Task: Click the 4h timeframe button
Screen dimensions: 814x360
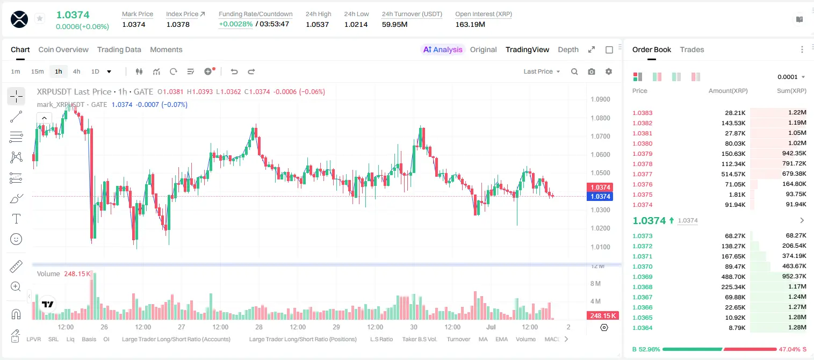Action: pyautogui.click(x=76, y=71)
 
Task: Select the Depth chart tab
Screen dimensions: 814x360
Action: pyautogui.click(x=568, y=49)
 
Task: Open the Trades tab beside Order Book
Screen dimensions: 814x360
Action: pyautogui.click(x=692, y=49)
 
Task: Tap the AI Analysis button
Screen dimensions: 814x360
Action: pyautogui.click(x=443, y=49)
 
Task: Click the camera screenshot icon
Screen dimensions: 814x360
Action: pyautogui.click(x=592, y=71)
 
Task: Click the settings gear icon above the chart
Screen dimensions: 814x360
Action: pyautogui.click(x=609, y=71)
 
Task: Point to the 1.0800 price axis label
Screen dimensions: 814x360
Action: pyautogui.click(x=600, y=118)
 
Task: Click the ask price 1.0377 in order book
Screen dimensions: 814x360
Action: pyautogui.click(x=642, y=174)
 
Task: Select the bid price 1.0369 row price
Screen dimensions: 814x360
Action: pyautogui.click(x=642, y=277)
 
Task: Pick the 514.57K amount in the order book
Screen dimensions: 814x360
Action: pyautogui.click(x=733, y=174)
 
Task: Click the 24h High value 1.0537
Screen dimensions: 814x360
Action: pyautogui.click(x=317, y=24)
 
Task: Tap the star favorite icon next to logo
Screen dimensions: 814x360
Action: pyautogui.click(x=40, y=18)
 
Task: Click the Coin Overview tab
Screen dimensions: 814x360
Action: pyautogui.click(x=63, y=49)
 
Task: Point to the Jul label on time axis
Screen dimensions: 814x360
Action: pyautogui.click(x=491, y=327)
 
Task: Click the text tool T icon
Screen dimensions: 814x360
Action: pyautogui.click(x=16, y=219)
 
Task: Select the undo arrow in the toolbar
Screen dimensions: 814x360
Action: pyautogui.click(x=234, y=71)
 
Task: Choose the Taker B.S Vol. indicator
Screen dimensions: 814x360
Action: pyautogui.click(x=419, y=339)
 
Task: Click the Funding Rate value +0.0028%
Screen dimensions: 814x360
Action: pyautogui.click(x=235, y=24)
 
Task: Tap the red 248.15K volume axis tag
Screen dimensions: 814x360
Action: pyautogui.click(x=603, y=316)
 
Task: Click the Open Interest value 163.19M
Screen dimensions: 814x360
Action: pyautogui.click(x=470, y=24)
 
